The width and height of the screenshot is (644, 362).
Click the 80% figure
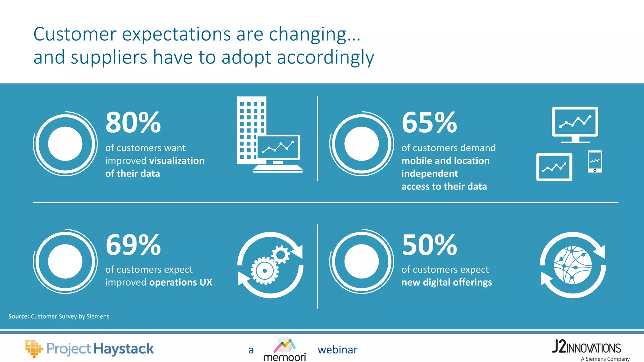[133, 123]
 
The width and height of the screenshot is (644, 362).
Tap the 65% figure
[429, 123]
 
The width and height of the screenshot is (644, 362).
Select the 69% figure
[133, 245]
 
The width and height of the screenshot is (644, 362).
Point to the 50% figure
[429, 245]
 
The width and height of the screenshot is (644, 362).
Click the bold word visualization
[177, 161]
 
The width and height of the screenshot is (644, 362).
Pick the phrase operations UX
[180, 282]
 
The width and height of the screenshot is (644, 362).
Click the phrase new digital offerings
[447, 282]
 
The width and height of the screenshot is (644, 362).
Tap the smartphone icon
[595, 162]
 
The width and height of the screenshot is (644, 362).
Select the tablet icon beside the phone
[554, 167]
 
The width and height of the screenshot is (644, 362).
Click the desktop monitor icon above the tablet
[575, 123]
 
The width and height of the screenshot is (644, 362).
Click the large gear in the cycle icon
[264, 270]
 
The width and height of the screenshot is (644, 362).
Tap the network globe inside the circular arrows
[573, 265]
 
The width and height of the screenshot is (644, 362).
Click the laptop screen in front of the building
[278, 147]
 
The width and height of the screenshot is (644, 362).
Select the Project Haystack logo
[90, 349]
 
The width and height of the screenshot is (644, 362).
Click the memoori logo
[285, 349]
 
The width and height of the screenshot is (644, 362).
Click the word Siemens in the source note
[98, 316]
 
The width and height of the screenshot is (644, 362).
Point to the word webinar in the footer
[337, 350]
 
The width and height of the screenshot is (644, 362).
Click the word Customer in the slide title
[75, 34]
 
